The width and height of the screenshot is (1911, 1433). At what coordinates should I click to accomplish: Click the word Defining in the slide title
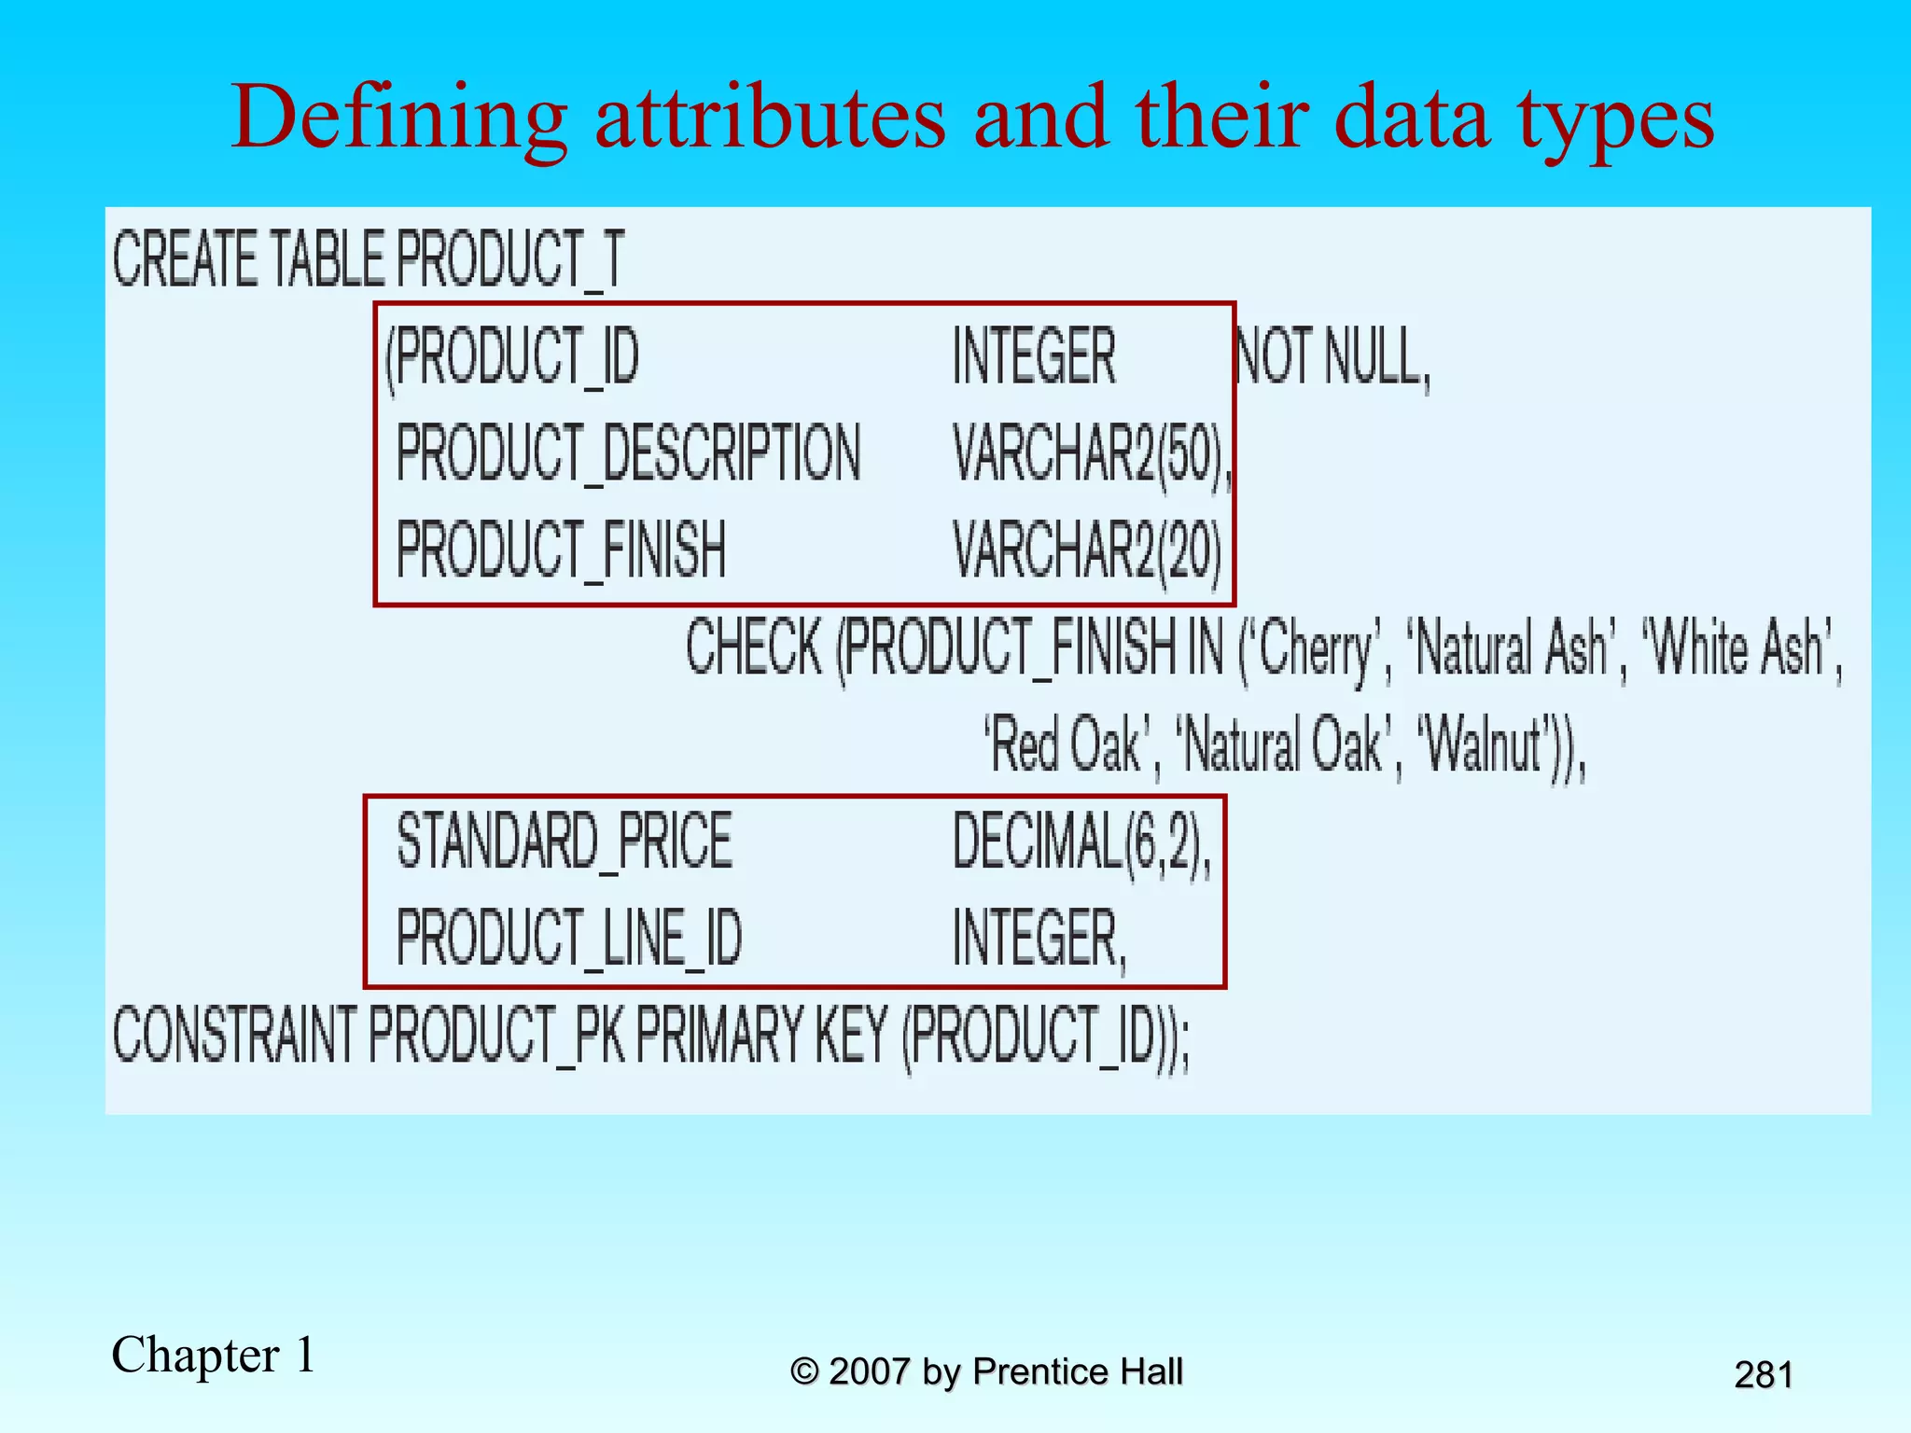[x=399, y=118]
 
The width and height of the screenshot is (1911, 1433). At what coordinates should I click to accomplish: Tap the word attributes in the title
[x=770, y=118]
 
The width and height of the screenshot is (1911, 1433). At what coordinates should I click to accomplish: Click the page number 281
[x=1763, y=1374]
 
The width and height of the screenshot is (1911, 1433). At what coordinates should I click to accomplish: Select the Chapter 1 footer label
[x=214, y=1354]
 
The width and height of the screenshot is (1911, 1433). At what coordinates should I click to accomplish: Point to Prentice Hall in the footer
[x=1077, y=1371]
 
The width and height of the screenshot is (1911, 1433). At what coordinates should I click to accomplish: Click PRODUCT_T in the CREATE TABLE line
[x=509, y=259]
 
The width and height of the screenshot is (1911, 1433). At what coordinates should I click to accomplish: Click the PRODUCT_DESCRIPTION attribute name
[x=628, y=454]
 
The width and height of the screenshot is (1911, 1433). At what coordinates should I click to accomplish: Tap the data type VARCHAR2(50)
[x=1088, y=454]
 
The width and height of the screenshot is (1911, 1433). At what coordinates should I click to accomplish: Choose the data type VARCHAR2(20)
[x=1087, y=550]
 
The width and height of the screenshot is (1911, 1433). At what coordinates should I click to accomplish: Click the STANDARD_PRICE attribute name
[x=565, y=842]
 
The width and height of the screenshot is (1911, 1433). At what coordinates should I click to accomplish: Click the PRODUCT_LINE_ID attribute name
[x=569, y=939]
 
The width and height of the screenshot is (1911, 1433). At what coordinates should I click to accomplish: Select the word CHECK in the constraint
[x=754, y=647]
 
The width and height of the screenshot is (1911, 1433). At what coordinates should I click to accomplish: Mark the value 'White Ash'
[x=1737, y=647]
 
